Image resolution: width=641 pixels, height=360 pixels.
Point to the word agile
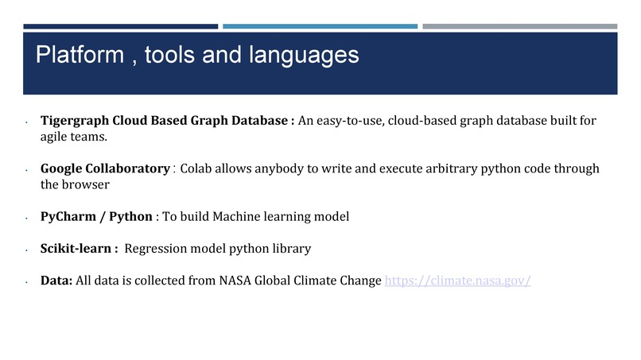pyautogui.click(x=55, y=136)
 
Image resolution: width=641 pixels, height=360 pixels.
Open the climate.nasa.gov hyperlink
pyautogui.click(x=457, y=281)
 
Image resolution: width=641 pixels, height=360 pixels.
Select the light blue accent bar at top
pyautogui.click(x=320, y=26)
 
